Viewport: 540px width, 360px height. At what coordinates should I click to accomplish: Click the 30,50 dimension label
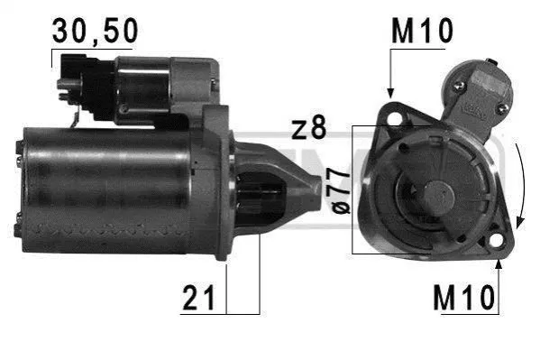[x=95, y=31]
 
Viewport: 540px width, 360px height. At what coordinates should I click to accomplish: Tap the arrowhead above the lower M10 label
[x=499, y=263]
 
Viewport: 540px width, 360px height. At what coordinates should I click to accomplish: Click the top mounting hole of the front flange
[x=393, y=115]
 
